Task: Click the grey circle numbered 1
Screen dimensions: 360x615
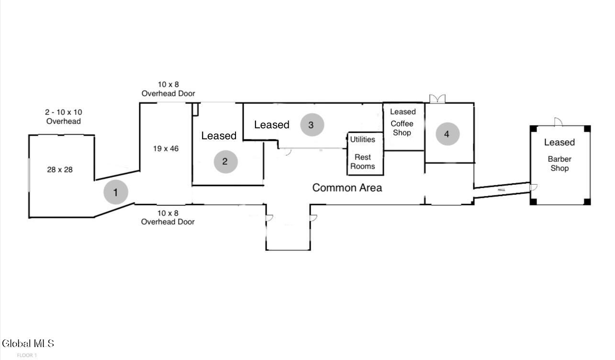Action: pyautogui.click(x=116, y=192)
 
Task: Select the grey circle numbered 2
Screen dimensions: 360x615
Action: pyautogui.click(x=225, y=162)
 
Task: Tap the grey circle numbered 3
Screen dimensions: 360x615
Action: pyautogui.click(x=312, y=125)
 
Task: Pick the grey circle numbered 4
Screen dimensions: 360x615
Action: pyautogui.click(x=447, y=134)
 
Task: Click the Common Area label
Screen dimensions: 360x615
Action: pyautogui.click(x=347, y=188)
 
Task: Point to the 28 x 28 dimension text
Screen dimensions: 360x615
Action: pyautogui.click(x=60, y=169)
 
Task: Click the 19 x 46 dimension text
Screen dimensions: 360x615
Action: pyautogui.click(x=166, y=148)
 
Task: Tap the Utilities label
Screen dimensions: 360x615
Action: pyautogui.click(x=362, y=139)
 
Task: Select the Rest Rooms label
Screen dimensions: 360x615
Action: pyautogui.click(x=362, y=162)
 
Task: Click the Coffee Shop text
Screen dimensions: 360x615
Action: pyautogui.click(x=402, y=128)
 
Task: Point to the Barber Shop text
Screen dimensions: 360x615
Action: pyautogui.click(x=559, y=164)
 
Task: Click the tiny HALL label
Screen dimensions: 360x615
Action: pyautogui.click(x=501, y=190)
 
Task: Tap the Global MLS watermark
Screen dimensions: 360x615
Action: pyautogui.click(x=28, y=344)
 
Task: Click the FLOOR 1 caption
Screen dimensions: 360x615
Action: pyautogui.click(x=27, y=355)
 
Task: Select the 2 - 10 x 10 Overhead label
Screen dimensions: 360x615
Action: pyautogui.click(x=63, y=117)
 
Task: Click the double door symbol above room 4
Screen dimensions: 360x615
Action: pyautogui.click(x=437, y=99)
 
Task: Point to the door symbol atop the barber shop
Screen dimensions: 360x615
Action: pyautogui.click(x=559, y=122)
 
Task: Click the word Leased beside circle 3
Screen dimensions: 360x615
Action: pyautogui.click(x=272, y=125)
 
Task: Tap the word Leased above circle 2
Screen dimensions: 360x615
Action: pyautogui.click(x=219, y=136)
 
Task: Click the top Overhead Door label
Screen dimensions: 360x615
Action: pyautogui.click(x=168, y=89)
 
